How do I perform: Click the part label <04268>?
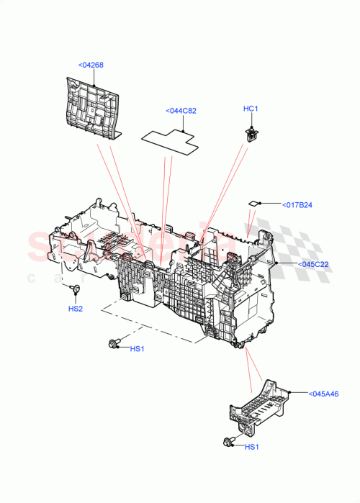pyautogui.click(x=91, y=65)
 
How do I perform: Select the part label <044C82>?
pyautogui.click(x=181, y=111)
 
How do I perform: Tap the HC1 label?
pyautogui.click(x=250, y=109)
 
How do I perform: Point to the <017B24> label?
pyautogui.click(x=297, y=204)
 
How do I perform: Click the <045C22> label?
pyautogui.click(x=313, y=264)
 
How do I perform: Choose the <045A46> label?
pyautogui.click(x=323, y=394)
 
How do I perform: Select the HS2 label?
pyautogui.click(x=76, y=309)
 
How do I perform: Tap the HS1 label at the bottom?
pyautogui.click(x=252, y=447)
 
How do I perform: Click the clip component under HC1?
pyautogui.click(x=251, y=132)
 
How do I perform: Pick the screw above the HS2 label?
pyautogui.click(x=75, y=289)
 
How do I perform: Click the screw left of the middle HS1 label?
pyautogui.click(x=113, y=345)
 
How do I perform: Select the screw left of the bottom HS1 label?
pyautogui.click(x=228, y=442)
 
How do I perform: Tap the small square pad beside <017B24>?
pyautogui.click(x=254, y=204)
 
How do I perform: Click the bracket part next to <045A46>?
pyautogui.click(x=258, y=407)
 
